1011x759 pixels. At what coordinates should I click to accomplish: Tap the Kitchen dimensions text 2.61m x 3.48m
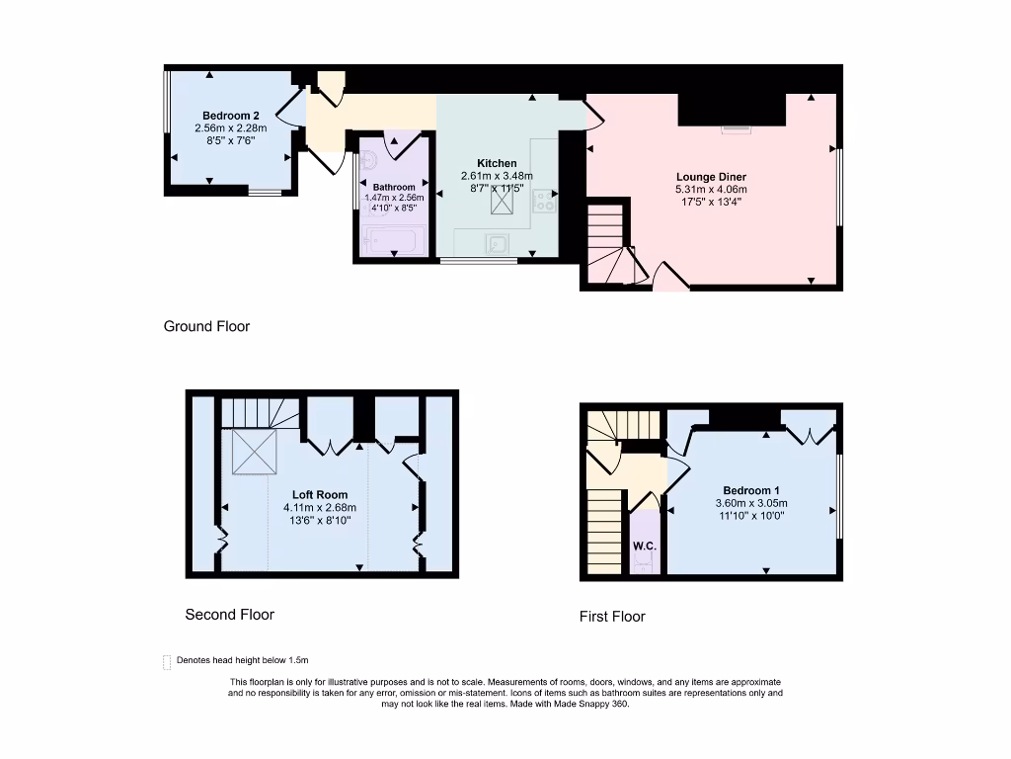coord(497,176)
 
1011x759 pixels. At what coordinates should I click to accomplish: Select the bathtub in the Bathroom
coord(393,239)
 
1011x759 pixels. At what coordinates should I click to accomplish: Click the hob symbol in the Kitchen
coord(543,202)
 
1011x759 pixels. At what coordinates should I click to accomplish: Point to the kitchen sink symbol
coord(497,243)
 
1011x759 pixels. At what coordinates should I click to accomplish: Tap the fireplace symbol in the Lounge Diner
coord(735,127)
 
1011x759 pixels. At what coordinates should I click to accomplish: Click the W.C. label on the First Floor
coord(644,545)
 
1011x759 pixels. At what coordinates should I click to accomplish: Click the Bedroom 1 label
coord(751,490)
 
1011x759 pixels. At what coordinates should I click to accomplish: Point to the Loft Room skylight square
coord(253,452)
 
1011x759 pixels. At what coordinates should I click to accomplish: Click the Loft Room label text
coord(320,495)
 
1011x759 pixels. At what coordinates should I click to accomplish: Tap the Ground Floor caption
coord(206,326)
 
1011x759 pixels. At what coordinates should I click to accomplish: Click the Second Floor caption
coord(229,615)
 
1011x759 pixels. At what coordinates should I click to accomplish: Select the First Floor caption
coord(612,617)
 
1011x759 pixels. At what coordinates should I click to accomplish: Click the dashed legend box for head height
coord(166,662)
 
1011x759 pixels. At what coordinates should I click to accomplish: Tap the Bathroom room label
coord(394,187)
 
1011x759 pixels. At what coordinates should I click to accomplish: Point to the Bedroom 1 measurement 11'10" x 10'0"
coord(750,515)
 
